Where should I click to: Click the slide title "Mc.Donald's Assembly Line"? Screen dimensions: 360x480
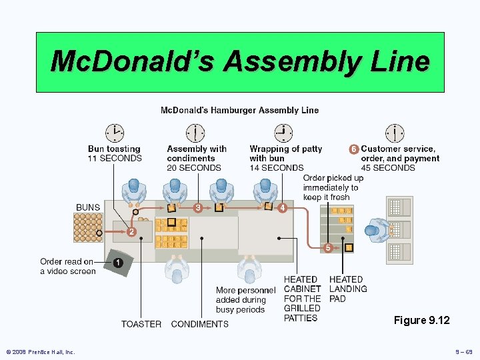[240, 61]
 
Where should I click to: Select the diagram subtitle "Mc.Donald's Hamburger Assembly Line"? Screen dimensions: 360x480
[240, 110]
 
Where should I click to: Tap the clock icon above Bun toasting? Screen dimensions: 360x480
[115, 133]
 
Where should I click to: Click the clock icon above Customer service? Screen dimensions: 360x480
[395, 133]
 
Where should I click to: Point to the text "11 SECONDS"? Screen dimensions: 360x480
[115, 159]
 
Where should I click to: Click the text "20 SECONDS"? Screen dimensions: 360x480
[194, 168]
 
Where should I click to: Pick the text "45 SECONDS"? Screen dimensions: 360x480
[388, 168]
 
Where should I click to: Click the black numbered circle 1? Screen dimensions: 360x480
[117, 263]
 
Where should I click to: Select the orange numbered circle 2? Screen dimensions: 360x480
[132, 232]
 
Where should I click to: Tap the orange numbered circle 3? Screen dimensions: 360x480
[198, 208]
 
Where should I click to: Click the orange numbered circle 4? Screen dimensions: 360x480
[283, 208]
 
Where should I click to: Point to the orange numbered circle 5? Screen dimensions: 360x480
[328, 248]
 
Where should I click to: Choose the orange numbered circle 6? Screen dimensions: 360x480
[354, 149]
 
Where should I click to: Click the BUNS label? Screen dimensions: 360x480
[88, 207]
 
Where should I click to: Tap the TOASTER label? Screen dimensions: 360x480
[141, 324]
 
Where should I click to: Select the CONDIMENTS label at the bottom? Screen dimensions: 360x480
[199, 324]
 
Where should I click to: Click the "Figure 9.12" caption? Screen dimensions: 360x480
[421, 321]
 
